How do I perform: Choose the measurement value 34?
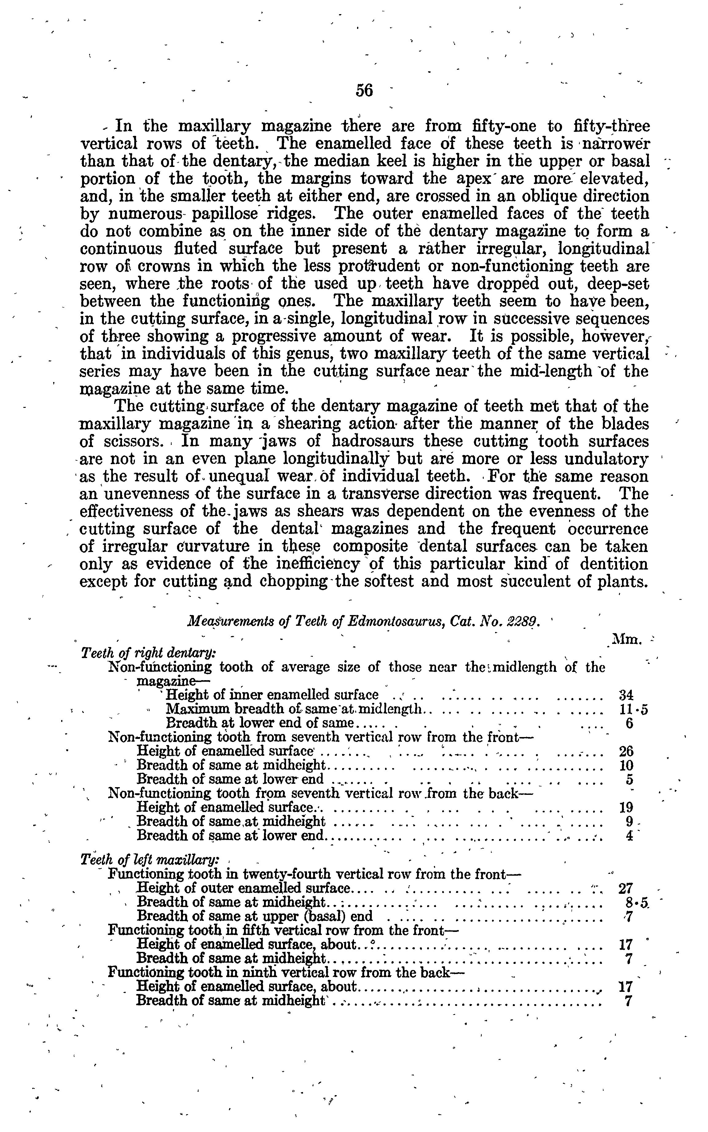pyautogui.click(x=626, y=695)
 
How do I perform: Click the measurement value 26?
pyautogui.click(x=626, y=752)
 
